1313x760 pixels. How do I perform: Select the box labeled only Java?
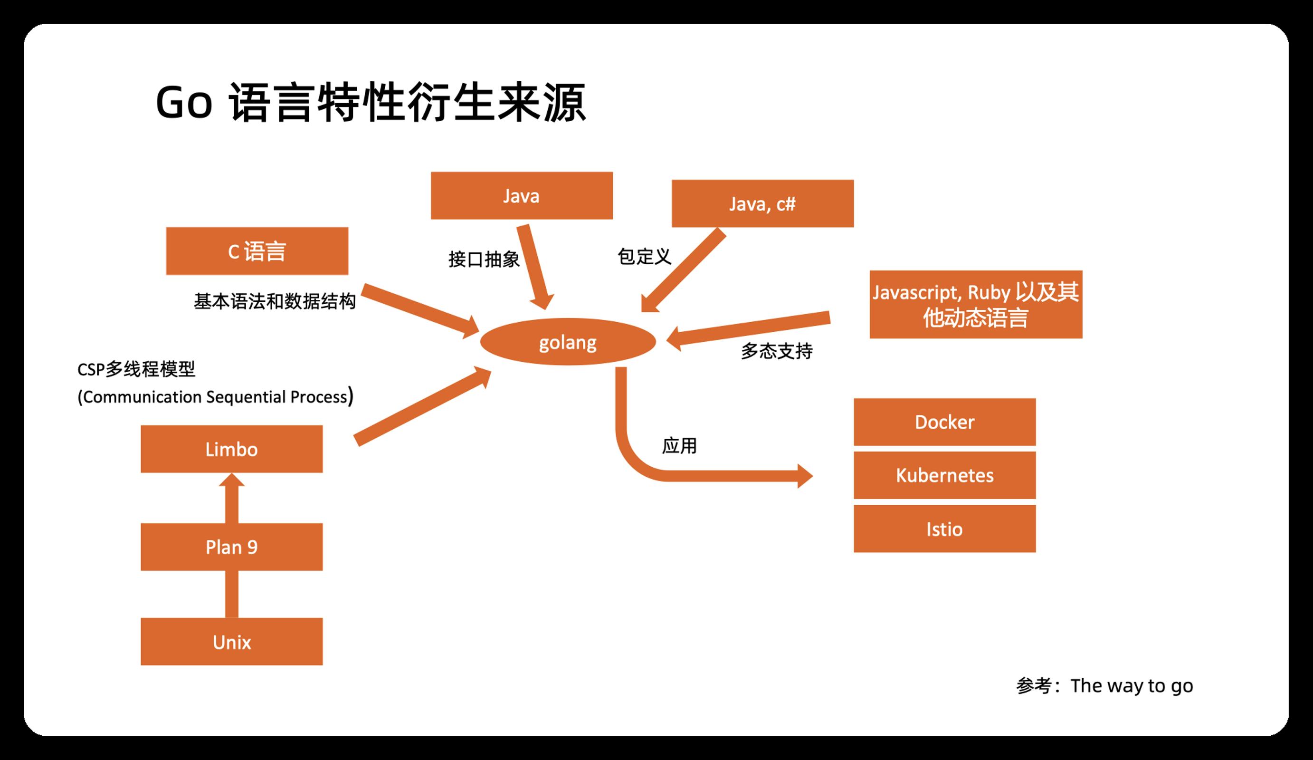point(522,195)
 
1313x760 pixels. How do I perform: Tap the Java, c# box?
point(762,203)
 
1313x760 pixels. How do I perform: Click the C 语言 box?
point(257,251)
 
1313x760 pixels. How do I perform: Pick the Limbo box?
point(231,449)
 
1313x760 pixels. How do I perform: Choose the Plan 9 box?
point(231,547)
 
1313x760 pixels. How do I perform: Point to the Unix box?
point(231,642)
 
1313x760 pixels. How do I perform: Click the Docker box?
point(945,422)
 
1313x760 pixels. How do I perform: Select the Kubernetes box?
point(945,475)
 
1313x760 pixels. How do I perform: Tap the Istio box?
point(945,529)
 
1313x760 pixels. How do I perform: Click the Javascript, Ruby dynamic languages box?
point(976,304)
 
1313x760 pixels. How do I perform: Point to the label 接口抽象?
point(484,259)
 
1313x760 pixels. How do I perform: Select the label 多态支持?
point(777,351)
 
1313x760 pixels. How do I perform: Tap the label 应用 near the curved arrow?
point(679,446)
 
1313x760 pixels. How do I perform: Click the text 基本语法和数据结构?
point(275,301)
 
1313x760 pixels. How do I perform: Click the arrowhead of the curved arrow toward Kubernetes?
point(805,475)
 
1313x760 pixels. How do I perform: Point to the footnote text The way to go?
point(1132,686)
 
